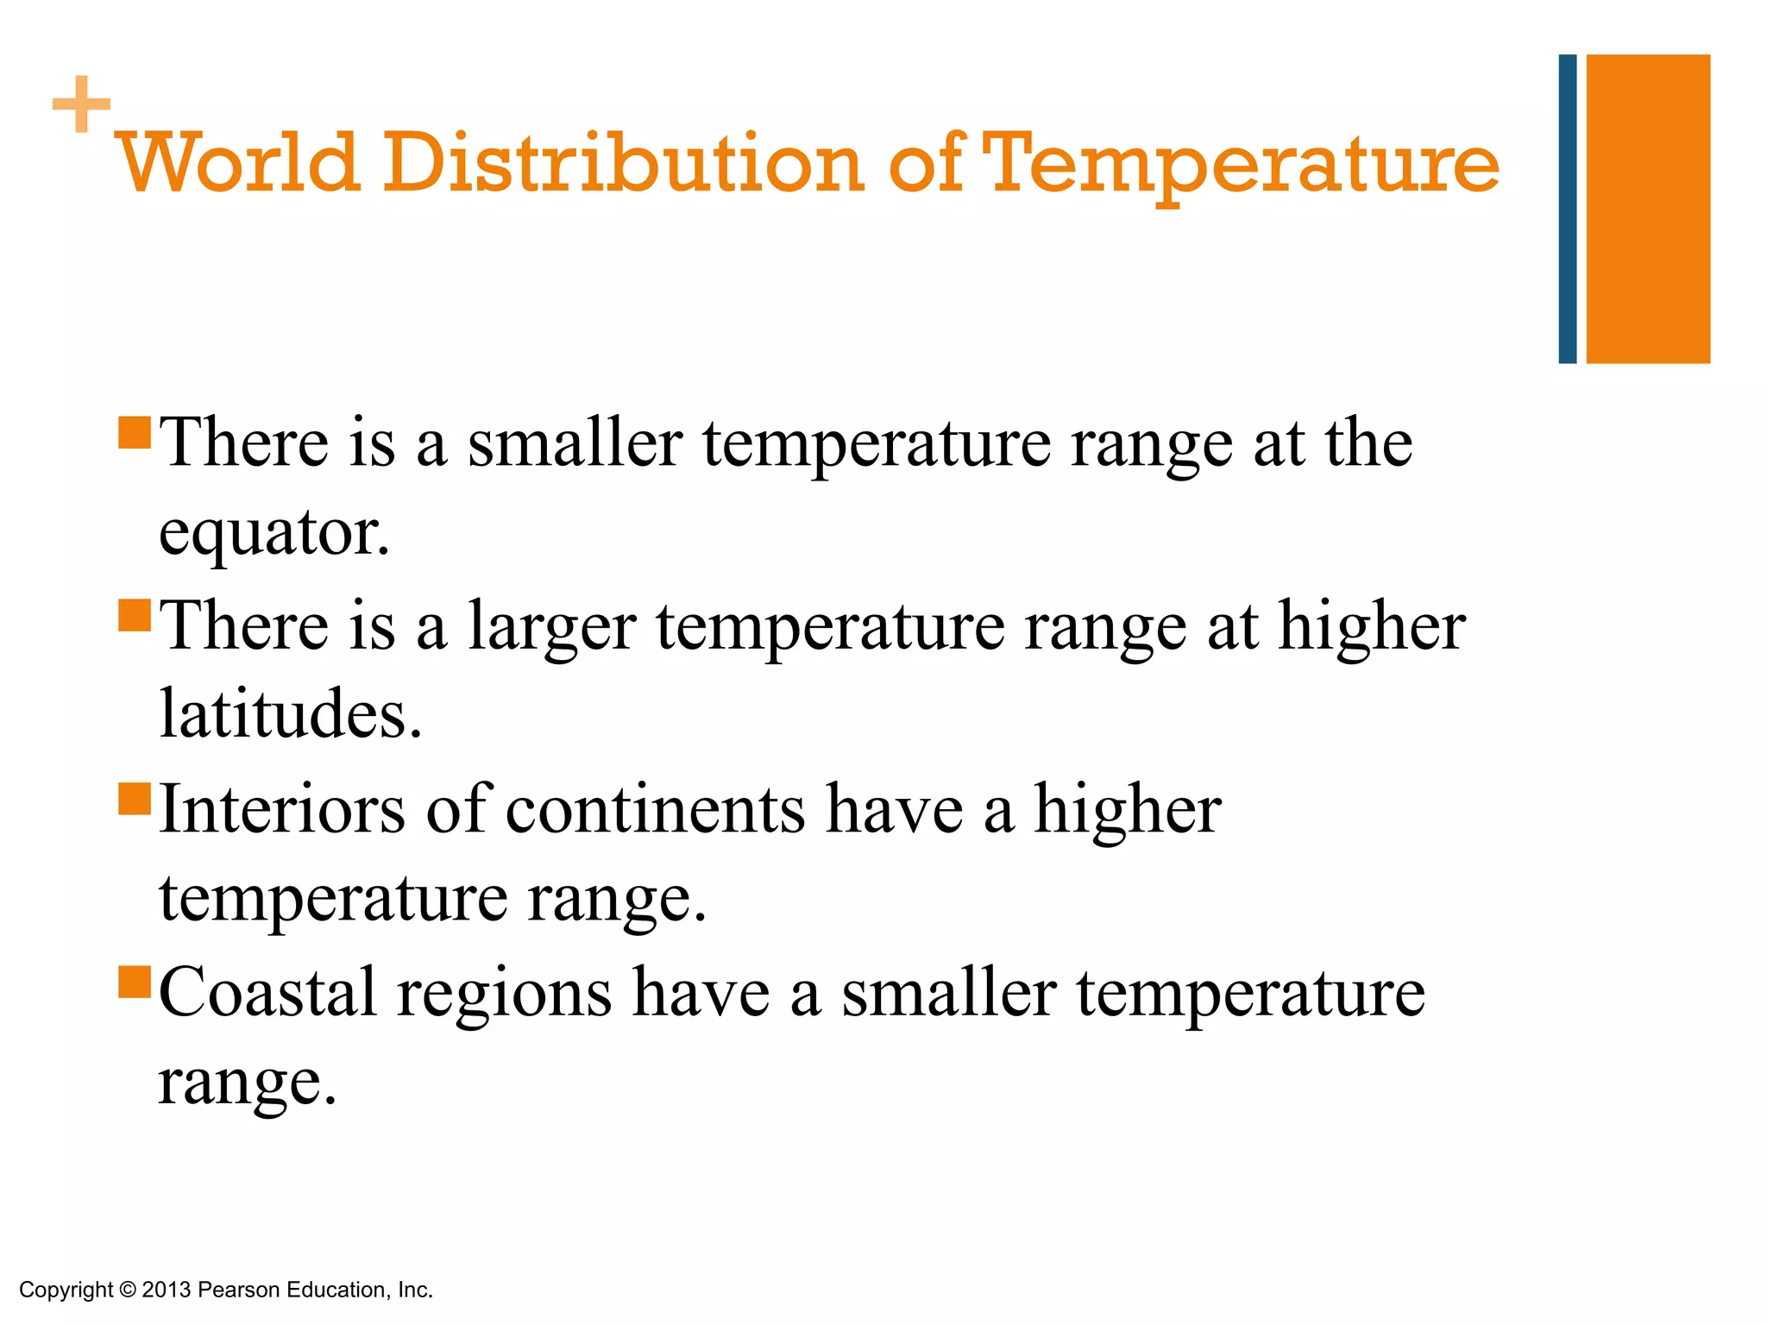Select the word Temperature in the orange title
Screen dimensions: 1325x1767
[x=1240, y=164]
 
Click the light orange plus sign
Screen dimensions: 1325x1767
[x=81, y=104]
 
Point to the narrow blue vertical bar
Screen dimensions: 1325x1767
[x=1567, y=209]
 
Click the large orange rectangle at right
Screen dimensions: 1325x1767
[x=1647, y=209]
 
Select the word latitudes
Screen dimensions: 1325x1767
[x=291, y=714]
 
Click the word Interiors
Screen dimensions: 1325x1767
[x=282, y=809]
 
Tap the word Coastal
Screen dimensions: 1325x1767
[x=267, y=992]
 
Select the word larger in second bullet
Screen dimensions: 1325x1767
[x=551, y=628]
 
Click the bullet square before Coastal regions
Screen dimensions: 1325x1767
[x=135, y=982]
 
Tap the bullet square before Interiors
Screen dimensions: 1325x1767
[x=135, y=799]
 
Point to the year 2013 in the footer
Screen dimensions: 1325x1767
[x=166, y=1290]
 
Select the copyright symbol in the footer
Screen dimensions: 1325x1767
[x=128, y=1290]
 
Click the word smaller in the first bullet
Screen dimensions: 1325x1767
[x=575, y=443]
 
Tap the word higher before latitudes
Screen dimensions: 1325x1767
[x=1371, y=626]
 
